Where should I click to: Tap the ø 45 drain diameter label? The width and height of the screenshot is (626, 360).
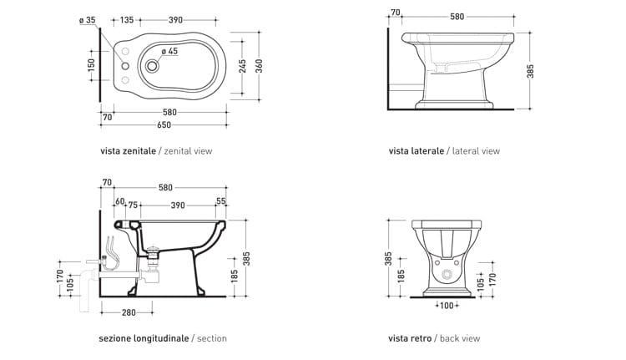(169, 52)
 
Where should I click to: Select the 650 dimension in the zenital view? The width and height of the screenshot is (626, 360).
(164, 125)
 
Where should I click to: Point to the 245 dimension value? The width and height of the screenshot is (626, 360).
(242, 67)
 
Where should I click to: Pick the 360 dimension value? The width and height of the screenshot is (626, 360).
(260, 67)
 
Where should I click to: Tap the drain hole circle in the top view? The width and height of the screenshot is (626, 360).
(152, 66)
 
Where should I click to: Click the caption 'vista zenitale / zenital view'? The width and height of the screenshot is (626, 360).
(156, 151)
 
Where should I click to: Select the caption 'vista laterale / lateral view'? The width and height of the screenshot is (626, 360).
(444, 151)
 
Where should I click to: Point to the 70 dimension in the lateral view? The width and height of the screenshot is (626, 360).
(396, 13)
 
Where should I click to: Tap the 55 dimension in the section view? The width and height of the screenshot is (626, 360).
(221, 201)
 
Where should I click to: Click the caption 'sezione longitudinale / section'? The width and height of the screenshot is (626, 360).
(163, 338)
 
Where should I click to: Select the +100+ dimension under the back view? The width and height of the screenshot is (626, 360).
(447, 306)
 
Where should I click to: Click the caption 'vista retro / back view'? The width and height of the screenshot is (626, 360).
(434, 338)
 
